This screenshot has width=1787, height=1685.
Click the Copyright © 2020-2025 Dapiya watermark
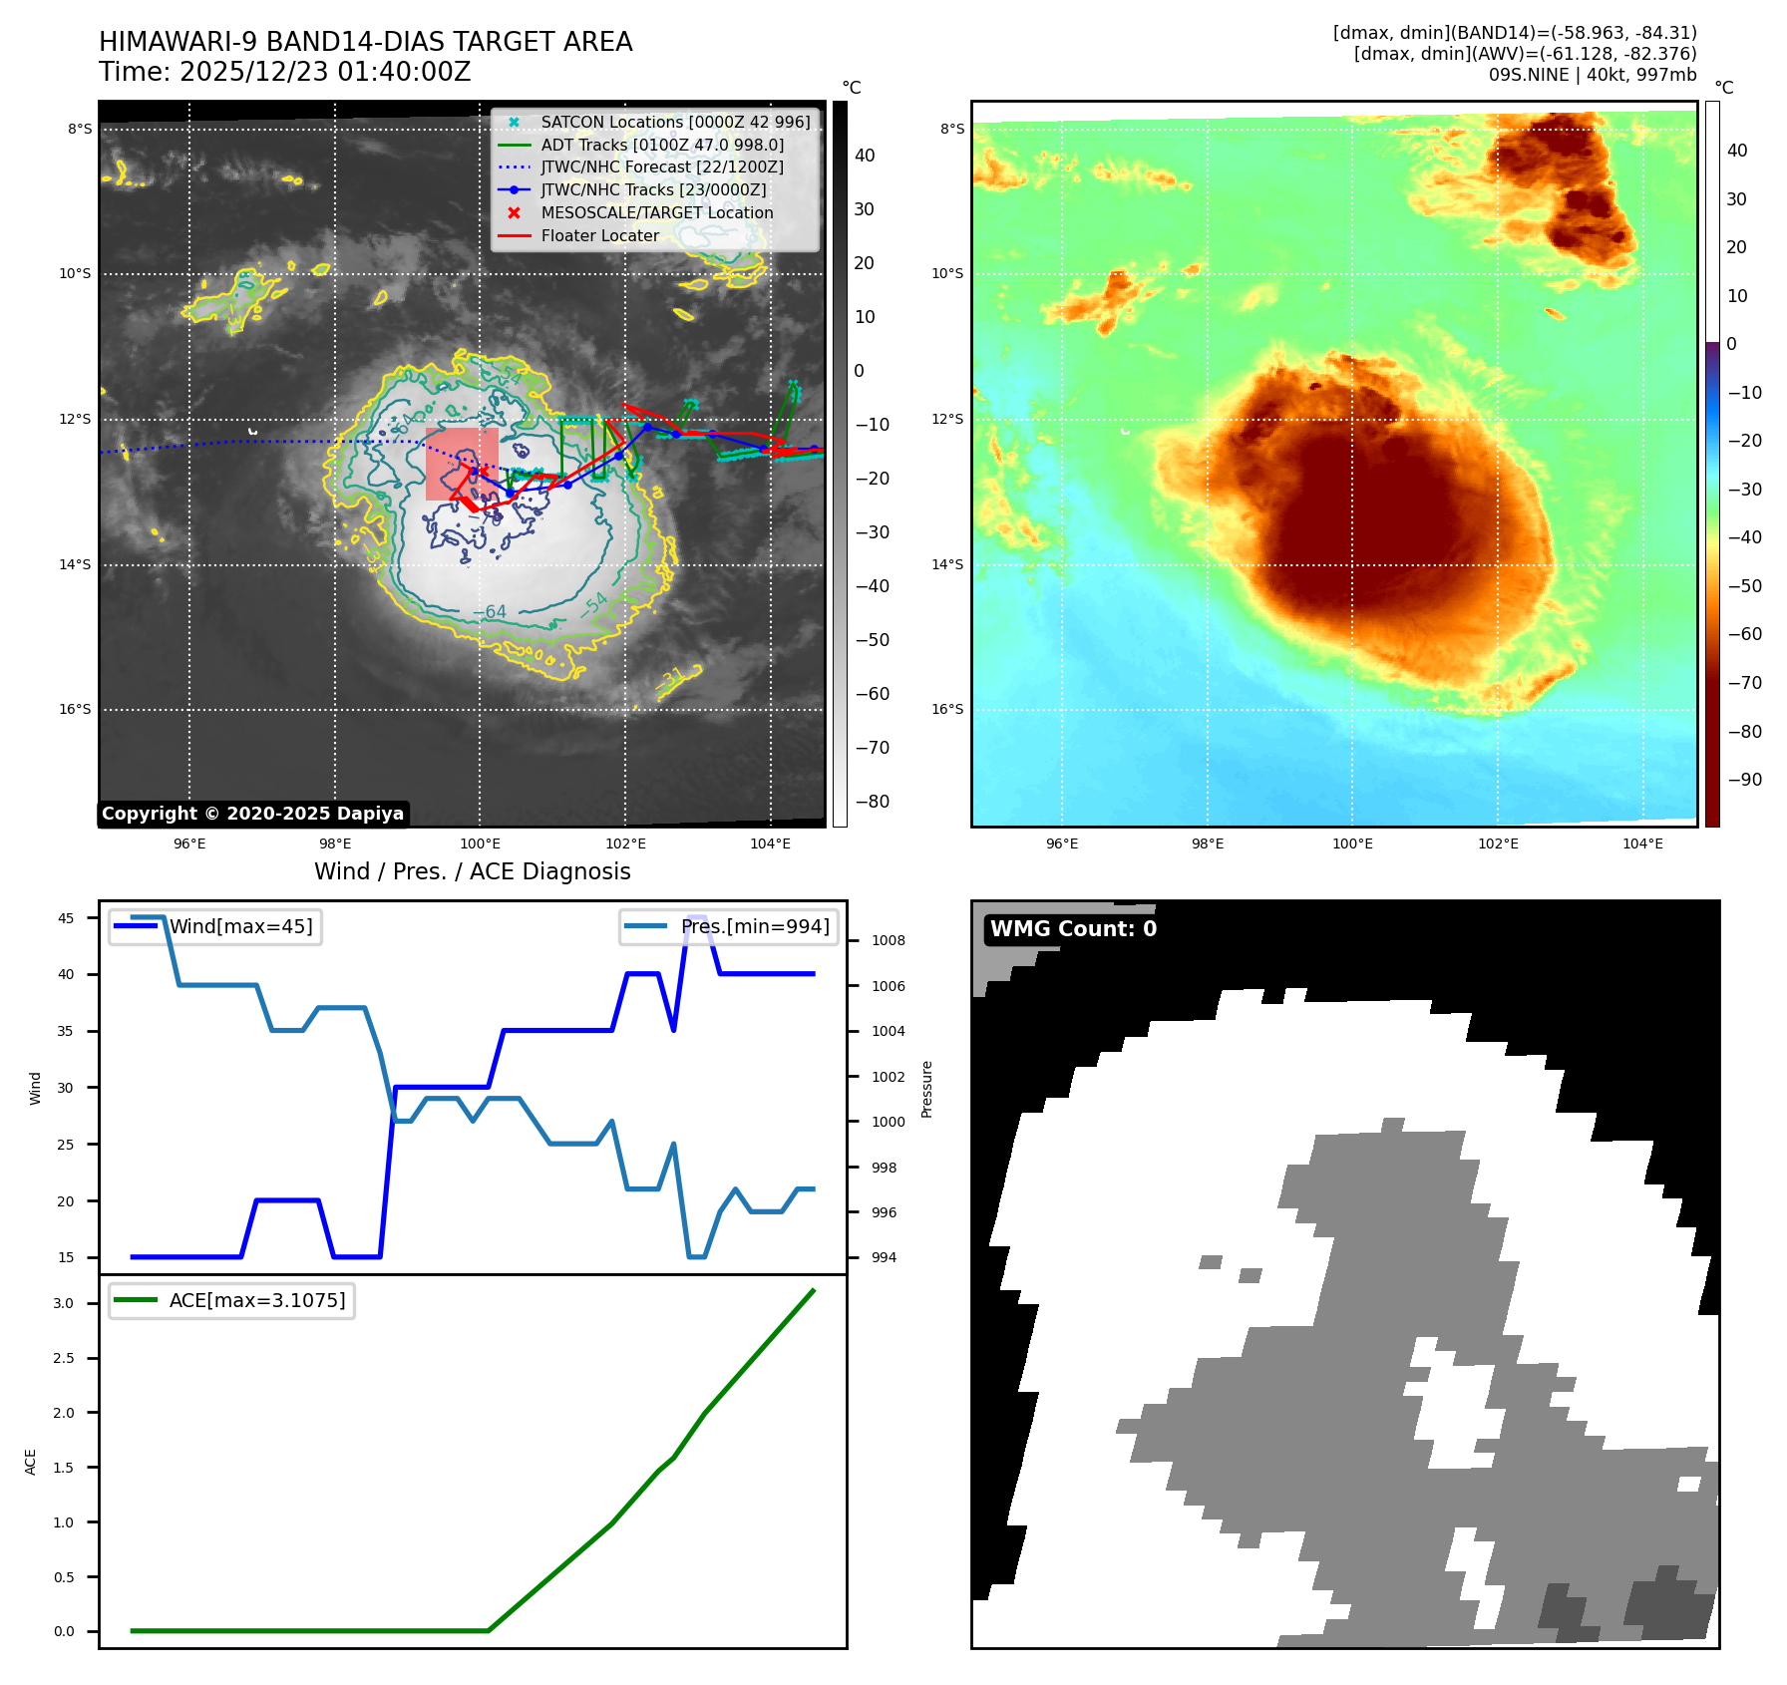point(252,814)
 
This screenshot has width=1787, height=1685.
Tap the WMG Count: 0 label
point(1073,929)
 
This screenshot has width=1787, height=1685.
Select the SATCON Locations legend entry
point(675,123)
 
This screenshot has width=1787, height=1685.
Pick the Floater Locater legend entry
point(599,236)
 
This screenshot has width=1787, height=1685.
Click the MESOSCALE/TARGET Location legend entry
point(656,213)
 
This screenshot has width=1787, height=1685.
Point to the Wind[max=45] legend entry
point(240,926)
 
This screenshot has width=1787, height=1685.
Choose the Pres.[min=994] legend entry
point(754,926)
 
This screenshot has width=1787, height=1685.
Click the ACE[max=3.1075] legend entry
point(256,1300)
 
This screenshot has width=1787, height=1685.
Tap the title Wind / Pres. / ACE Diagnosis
point(472,871)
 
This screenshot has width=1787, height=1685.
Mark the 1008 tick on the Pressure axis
point(888,940)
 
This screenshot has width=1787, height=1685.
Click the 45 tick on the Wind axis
point(66,918)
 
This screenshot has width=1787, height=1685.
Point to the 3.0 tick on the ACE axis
point(64,1303)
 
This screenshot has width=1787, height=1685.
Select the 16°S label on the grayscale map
point(75,710)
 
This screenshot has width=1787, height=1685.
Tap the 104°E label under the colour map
point(1642,843)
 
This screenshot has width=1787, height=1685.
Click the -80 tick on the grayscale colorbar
point(872,802)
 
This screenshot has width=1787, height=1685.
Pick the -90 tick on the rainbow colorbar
point(1744,780)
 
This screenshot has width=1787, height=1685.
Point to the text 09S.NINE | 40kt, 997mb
point(1592,75)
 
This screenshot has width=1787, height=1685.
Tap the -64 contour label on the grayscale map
point(490,611)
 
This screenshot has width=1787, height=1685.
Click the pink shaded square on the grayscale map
point(462,464)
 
